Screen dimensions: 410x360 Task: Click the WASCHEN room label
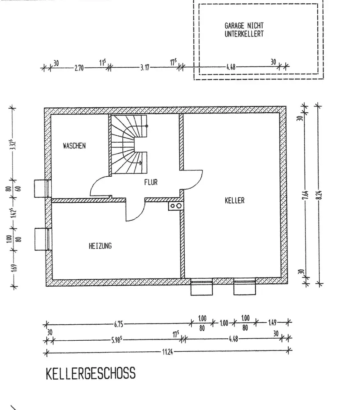(74, 146)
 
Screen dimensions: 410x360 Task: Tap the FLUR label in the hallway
(151, 182)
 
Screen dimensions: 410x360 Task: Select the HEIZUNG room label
(100, 246)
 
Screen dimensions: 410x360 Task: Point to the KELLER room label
(234, 200)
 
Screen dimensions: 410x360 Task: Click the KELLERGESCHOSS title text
(90, 374)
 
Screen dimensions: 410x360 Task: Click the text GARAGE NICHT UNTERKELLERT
(244, 30)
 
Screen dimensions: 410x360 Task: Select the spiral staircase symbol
(130, 144)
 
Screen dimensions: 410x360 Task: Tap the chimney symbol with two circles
(176, 206)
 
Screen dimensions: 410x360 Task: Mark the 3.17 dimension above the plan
(144, 68)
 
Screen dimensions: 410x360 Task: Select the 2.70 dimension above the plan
(79, 68)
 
